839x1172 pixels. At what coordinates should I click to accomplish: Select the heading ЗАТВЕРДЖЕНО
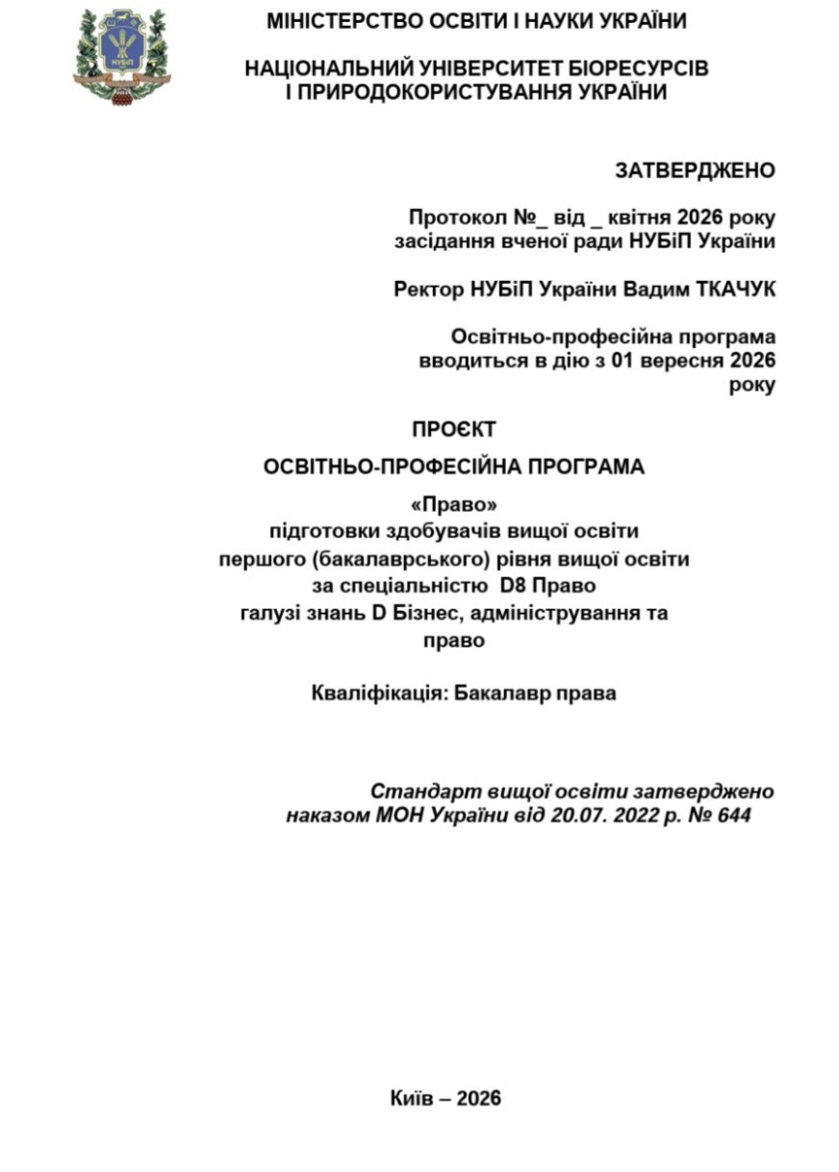695,170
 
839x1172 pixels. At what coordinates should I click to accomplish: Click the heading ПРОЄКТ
454,429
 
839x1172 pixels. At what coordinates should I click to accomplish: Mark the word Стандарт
419,792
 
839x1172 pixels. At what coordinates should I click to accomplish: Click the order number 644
733,816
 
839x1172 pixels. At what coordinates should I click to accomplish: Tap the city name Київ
411,1099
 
